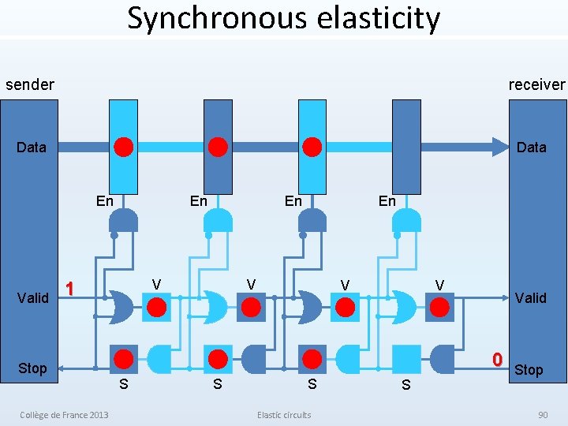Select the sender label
30,84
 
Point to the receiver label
536,84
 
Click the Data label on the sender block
32,147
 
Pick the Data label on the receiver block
531,147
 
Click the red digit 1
70,289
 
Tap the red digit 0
497,360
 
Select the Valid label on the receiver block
530,297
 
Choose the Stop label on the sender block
32,368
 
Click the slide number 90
542,415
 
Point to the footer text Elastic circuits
284,415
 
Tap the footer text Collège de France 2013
65,415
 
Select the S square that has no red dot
407,360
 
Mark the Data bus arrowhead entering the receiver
499,147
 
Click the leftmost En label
104,201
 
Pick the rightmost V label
439,284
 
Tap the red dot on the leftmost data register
124,147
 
